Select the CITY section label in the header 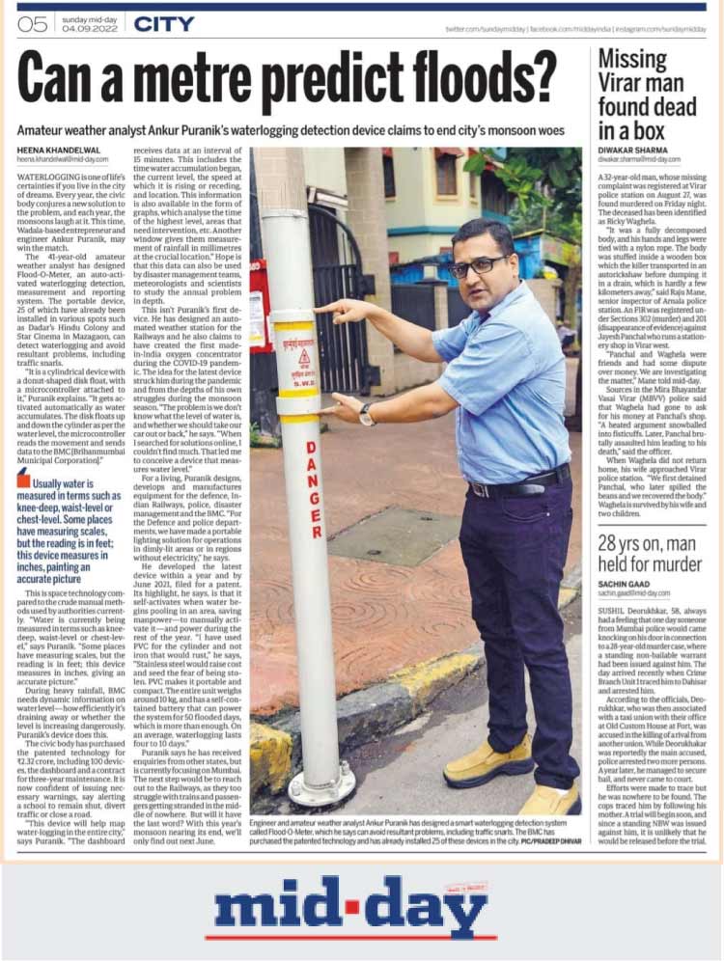tap(164, 24)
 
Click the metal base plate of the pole tap(322, 784)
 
